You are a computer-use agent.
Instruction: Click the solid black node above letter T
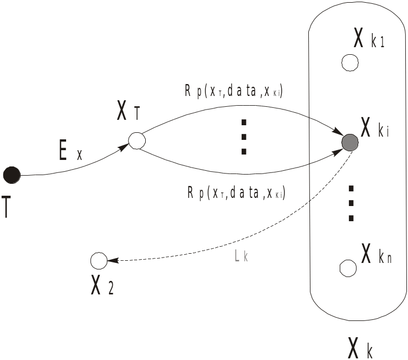11,175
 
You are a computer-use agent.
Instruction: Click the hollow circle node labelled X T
137,140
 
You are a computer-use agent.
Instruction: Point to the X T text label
128,112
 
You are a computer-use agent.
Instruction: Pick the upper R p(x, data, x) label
234,92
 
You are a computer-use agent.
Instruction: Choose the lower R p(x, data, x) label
236,192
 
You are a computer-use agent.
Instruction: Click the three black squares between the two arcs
244,136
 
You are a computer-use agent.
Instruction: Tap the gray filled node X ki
350,142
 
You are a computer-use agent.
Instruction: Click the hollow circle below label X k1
350,63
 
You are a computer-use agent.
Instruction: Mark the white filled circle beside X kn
347,268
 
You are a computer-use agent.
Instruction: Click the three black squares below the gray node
351,203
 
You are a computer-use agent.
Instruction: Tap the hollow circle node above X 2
99,261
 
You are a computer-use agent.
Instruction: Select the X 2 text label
102,286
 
